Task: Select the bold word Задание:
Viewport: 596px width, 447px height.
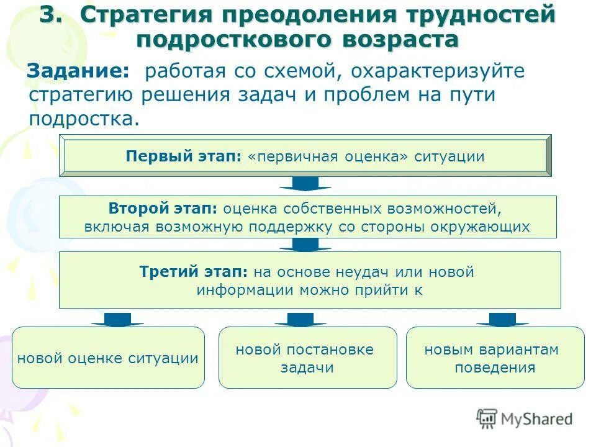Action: coord(79,71)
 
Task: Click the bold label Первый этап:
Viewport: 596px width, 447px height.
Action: coord(183,156)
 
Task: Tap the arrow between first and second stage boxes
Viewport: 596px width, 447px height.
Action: coord(305,184)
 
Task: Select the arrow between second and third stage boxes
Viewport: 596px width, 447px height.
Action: coord(305,245)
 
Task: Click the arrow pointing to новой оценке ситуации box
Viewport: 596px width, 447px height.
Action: coord(117,319)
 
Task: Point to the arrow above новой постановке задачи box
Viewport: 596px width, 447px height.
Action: coord(300,319)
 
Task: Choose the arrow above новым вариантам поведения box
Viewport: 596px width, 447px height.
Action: coord(502,319)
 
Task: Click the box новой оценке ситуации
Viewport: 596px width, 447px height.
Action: coord(108,358)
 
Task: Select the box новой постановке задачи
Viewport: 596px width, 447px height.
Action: coord(307,358)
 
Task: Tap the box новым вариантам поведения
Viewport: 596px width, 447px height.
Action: coord(495,358)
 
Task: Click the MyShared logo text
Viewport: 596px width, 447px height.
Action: coord(536,419)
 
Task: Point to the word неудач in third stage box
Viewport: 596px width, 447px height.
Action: coord(361,272)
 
